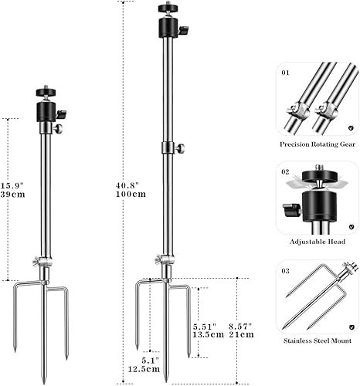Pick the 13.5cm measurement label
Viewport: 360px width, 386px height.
pyautogui.click(x=209, y=336)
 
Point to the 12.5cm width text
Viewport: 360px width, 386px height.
pyautogui.click(x=149, y=369)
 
